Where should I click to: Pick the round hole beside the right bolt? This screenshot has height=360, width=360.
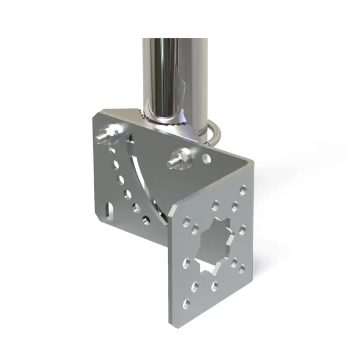point(206,159)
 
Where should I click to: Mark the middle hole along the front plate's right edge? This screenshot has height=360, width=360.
point(243,229)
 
